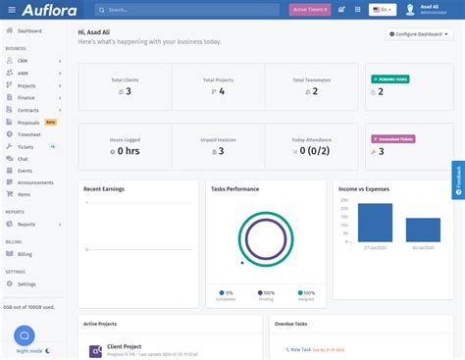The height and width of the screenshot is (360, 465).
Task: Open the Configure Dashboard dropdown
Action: pyautogui.click(x=419, y=34)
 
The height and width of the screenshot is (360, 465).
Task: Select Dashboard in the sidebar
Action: pyautogui.click(x=29, y=31)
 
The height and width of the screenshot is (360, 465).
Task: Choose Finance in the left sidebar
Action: pyautogui.click(x=27, y=98)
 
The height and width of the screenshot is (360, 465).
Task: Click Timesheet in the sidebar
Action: pyautogui.click(x=29, y=134)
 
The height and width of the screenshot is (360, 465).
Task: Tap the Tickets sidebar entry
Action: pyautogui.click(x=26, y=146)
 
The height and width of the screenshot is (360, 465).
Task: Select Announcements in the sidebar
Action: pyautogui.click(x=35, y=182)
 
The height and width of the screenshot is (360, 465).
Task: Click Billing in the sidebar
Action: pyautogui.click(x=25, y=254)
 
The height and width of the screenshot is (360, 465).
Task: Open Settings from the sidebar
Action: pyautogui.click(x=26, y=283)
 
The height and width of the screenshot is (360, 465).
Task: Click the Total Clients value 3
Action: pyautogui.click(x=128, y=91)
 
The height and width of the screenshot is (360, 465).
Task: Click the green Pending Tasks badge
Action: pyautogui.click(x=390, y=78)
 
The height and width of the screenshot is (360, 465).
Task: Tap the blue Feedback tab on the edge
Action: pyautogui.click(x=458, y=179)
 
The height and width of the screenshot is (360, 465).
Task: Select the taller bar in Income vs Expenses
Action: pyautogui.click(x=374, y=223)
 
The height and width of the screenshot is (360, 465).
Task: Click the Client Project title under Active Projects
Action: pyautogui.click(x=125, y=345)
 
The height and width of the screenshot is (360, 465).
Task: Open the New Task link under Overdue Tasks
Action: pyautogui.click(x=298, y=349)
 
